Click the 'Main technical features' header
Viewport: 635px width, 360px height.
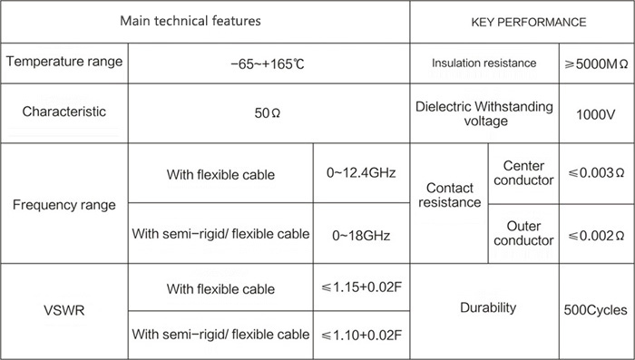click(x=190, y=21)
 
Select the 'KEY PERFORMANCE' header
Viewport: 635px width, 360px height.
click(x=529, y=22)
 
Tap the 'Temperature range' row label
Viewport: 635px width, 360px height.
click(x=64, y=62)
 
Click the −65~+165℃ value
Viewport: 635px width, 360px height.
click(x=268, y=64)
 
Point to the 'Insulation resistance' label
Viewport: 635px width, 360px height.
click(x=484, y=63)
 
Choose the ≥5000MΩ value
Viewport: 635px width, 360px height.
click(x=596, y=64)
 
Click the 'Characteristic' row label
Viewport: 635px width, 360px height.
click(x=64, y=112)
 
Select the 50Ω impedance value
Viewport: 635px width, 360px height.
click(x=268, y=113)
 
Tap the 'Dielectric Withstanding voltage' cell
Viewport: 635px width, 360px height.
click(x=484, y=113)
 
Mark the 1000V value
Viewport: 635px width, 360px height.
click(x=596, y=115)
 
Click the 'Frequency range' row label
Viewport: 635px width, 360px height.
click(x=64, y=205)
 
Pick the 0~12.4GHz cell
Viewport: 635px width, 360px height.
click(x=361, y=173)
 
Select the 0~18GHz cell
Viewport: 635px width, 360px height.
click(x=361, y=236)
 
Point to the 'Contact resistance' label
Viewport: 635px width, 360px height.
click(x=450, y=195)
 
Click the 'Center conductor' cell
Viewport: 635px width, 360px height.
click(x=523, y=173)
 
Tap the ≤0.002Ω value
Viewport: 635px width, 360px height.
click(x=596, y=236)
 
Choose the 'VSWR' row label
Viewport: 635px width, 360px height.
click(x=64, y=311)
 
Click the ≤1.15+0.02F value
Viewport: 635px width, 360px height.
click(x=361, y=287)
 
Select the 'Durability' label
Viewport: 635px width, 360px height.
click(x=488, y=307)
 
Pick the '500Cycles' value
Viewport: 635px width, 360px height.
click(x=595, y=310)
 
